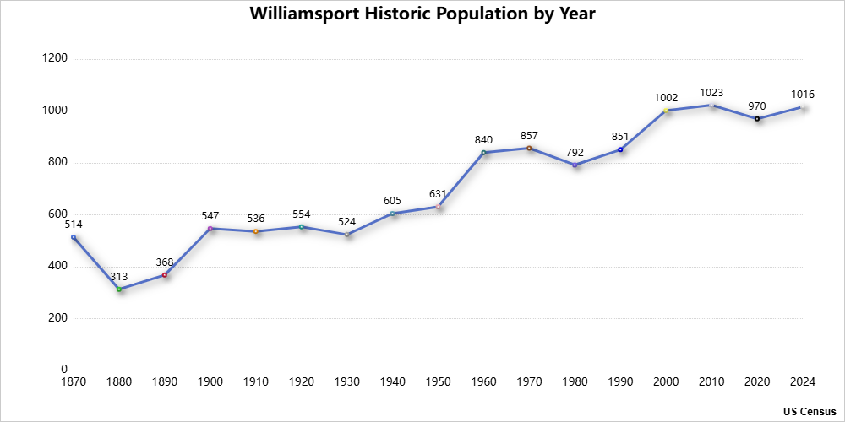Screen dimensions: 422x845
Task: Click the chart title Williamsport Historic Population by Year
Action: [x=422, y=15]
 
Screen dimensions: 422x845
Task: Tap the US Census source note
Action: [x=810, y=412]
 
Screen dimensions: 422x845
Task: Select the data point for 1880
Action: [x=119, y=289]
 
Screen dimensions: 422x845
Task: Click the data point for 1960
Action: [x=483, y=152]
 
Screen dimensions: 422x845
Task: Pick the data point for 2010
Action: [x=711, y=105]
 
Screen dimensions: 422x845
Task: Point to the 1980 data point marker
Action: [x=575, y=165]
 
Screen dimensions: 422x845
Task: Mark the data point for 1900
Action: [x=210, y=228]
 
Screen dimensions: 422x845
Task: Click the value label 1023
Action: [x=711, y=93]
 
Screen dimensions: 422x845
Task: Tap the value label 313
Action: [x=119, y=277]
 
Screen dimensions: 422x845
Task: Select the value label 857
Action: [x=529, y=136]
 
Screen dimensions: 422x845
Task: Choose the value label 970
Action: [x=757, y=106]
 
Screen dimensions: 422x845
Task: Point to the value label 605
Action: [x=393, y=201]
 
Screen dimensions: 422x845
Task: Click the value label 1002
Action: [x=666, y=98]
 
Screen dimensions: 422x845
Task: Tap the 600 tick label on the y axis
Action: [x=57, y=214]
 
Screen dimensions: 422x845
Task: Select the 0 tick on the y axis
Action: [x=64, y=370]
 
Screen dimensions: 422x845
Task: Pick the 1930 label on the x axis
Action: [x=347, y=382]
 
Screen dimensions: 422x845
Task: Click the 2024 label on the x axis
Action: [x=802, y=382]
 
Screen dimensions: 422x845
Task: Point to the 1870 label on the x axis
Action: [x=74, y=382]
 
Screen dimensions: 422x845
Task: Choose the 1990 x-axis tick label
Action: [x=620, y=382]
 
